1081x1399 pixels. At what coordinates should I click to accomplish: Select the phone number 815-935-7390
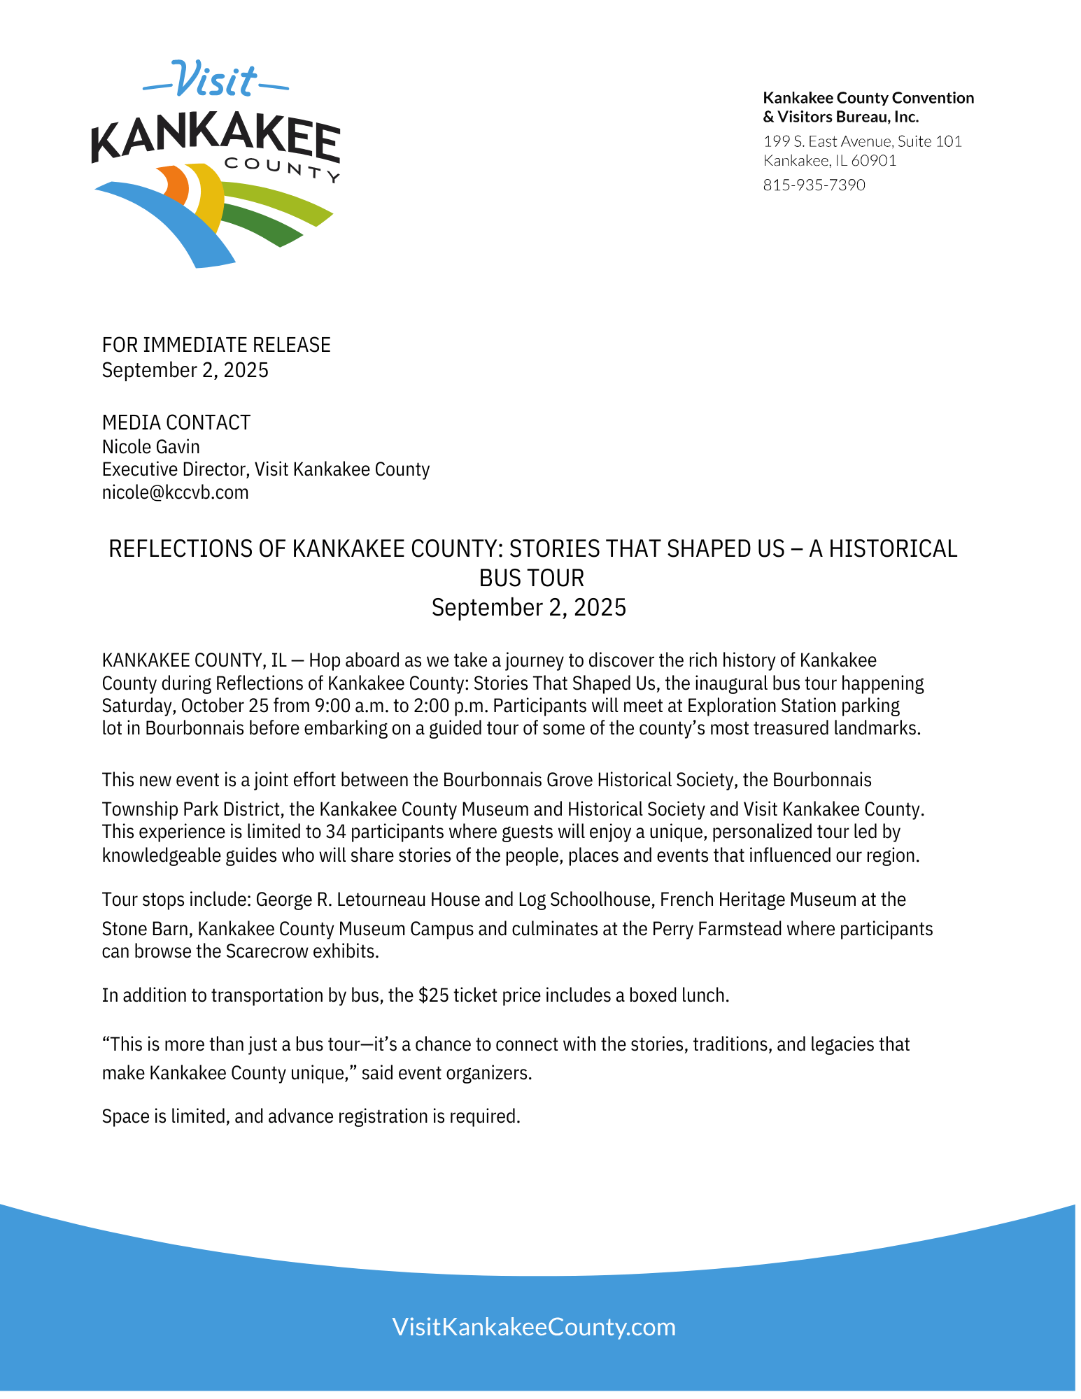tap(814, 185)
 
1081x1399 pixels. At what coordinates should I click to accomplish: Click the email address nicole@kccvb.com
tap(175, 492)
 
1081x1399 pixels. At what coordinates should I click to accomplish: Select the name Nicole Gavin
tap(150, 447)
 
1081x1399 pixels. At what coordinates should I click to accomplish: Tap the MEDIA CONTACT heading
tap(176, 422)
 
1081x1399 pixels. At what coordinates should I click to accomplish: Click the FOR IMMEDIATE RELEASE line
tap(216, 345)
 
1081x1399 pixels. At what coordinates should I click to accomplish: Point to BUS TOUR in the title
tap(531, 578)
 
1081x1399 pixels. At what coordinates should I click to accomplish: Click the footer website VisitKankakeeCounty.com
tap(534, 1327)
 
